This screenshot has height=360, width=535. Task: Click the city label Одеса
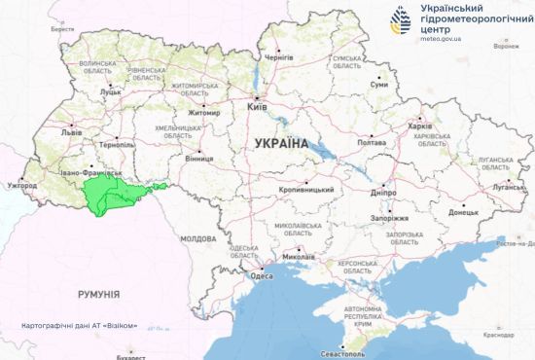[262, 276]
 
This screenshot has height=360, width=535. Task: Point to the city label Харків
[420, 126]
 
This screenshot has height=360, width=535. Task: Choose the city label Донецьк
[463, 211]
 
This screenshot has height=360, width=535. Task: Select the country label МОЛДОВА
[197, 238]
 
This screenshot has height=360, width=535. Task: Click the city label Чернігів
[278, 57]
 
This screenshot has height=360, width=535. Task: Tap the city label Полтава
[372, 143]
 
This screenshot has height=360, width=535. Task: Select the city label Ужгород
[20, 185]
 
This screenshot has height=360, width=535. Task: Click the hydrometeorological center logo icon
[401, 21]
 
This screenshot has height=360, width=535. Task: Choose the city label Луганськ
[507, 184]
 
